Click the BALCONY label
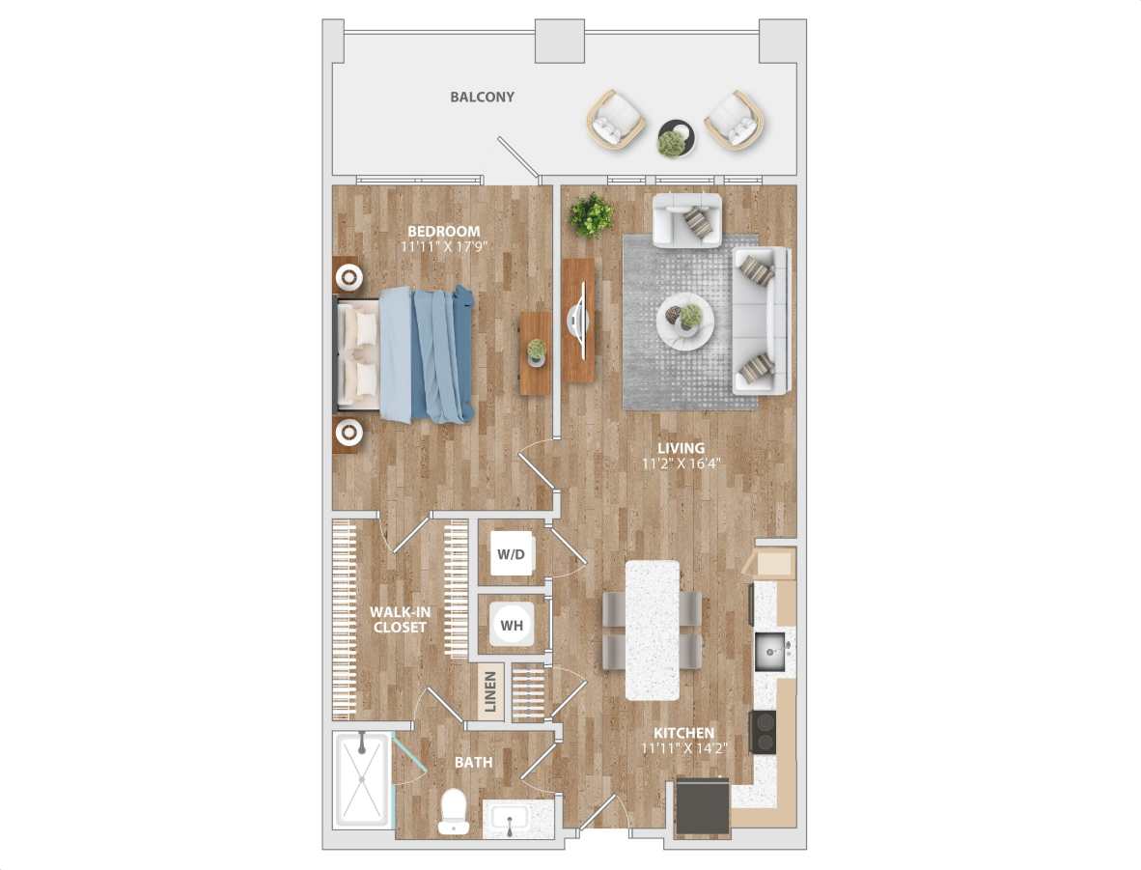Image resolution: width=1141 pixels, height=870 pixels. point(482,98)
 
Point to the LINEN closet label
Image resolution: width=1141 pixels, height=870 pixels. point(490,693)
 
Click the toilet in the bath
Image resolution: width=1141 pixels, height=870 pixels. point(452,813)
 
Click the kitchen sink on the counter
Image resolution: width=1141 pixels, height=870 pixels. point(769,650)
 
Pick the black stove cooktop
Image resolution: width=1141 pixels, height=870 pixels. point(763,731)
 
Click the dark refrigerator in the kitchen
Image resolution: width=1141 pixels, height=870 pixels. point(702,806)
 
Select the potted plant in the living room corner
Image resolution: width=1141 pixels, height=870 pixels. point(590,214)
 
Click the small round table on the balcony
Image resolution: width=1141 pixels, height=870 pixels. point(675,138)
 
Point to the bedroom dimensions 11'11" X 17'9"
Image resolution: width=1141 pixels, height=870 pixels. point(444,246)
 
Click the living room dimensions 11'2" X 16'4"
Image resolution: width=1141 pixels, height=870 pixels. point(681,463)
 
